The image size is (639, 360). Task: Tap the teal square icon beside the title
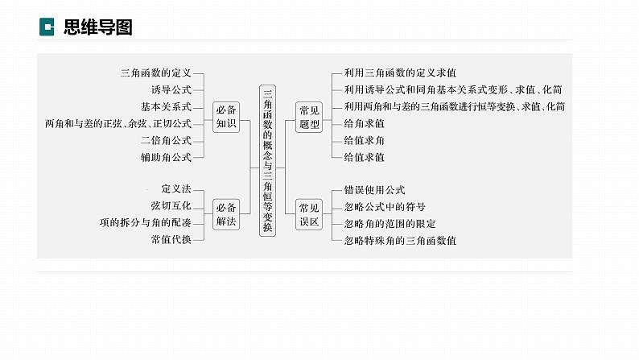point(47,27)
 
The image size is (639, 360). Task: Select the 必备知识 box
point(226,115)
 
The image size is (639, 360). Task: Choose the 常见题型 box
point(309,115)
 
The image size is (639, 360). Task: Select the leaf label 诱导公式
point(171,89)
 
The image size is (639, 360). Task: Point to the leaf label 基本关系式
point(166,106)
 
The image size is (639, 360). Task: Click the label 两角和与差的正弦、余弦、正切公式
point(118,123)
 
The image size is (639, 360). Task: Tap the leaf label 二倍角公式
point(166,140)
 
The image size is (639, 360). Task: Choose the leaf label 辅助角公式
point(166,157)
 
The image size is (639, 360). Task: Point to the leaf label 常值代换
point(171,239)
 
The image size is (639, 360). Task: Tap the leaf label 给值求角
point(364,140)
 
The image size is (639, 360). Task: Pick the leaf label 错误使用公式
point(374,189)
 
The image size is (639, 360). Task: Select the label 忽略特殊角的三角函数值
point(400,240)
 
